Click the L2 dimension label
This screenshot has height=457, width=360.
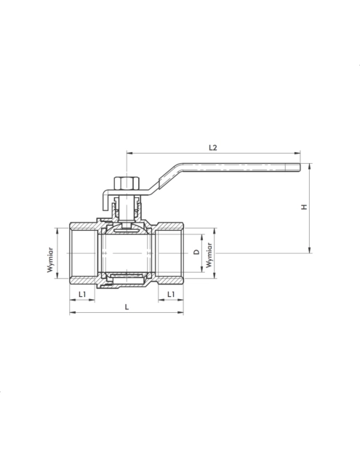coord(213,148)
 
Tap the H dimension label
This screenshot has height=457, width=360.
coord(304,207)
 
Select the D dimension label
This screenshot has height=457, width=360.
coord(197,252)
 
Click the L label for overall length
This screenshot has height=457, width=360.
coord(127,307)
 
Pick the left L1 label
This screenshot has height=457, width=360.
coord(82,295)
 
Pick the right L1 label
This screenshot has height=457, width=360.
coord(171,295)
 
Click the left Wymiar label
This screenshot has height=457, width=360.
coord(50,260)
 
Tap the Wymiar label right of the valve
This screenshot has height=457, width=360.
coord(209,255)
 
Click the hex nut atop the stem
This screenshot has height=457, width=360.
coord(127,183)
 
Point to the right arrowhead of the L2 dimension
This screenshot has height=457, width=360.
coord(297,153)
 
